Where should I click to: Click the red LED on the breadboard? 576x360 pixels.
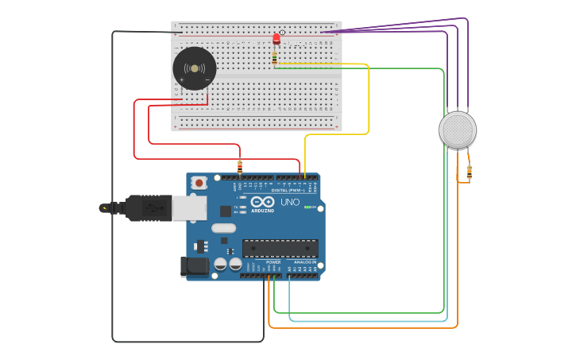(x=276, y=38)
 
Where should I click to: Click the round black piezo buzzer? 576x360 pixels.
(x=195, y=68)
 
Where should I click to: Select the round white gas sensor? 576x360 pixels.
(x=458, y=130)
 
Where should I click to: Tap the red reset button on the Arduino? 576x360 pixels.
(x=199, y=183)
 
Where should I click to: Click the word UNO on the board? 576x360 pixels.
(x=290, y=203)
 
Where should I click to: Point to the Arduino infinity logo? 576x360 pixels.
(x=262, y=203)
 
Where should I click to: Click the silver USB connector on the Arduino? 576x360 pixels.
(x=189, y=208)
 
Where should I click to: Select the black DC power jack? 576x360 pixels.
(x=194, y=267)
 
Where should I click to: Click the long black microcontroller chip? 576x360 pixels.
(x=280, y=248)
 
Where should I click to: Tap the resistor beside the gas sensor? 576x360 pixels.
(x=469, y=172)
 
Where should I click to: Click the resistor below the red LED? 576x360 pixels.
(x=275, y=57)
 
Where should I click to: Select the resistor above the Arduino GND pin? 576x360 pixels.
(x=240, y=166)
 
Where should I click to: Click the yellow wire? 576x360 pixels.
(x=369, y=103)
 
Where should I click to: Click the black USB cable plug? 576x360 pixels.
(x=147, y=208)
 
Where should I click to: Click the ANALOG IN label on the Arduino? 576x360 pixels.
(x=305, y=262)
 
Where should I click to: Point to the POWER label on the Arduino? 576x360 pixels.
(x=273, y=262)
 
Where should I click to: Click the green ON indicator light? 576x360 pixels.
(x=307, y=208)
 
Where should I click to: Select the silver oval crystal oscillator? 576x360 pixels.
(x=224, y=229)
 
